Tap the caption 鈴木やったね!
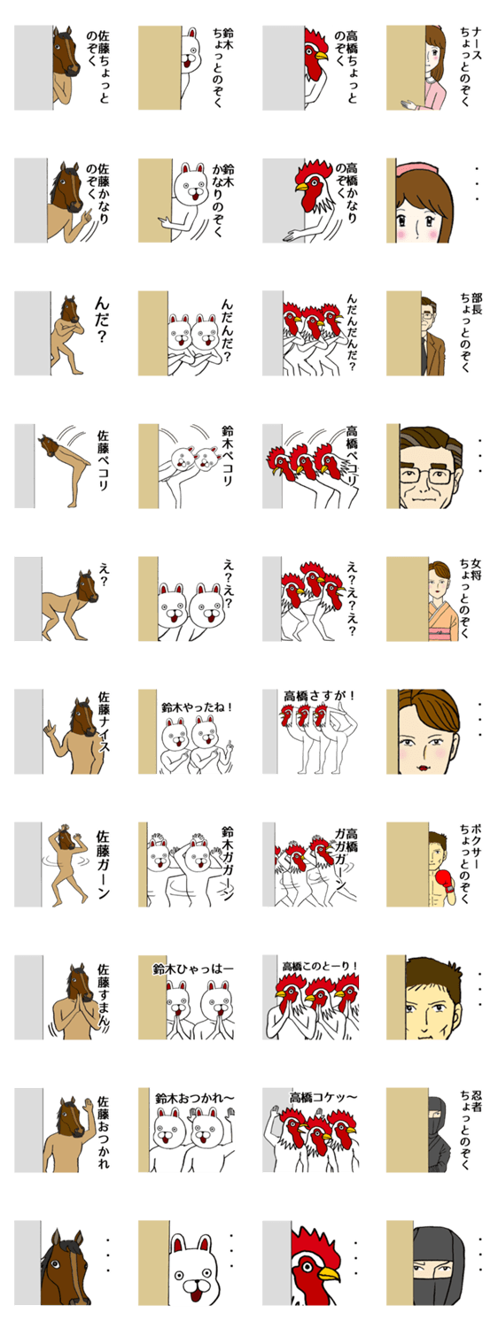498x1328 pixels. [x=197, y=707]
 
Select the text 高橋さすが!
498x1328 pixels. [x=319, y=696]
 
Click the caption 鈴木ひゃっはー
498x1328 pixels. [x=193, y=969]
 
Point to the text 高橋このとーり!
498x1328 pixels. [x=321, y=967]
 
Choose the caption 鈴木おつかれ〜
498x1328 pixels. [x=195, y=1098]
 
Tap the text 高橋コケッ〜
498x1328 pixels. [x=323, y=1098]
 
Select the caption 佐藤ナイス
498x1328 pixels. [x=104, y=722]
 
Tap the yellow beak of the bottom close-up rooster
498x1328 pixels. [x=329, y=1270]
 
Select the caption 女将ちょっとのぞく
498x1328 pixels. [x=471, y=598]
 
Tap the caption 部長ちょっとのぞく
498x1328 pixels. [x=471, y=332]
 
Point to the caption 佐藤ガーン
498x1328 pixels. [x=104, y=864]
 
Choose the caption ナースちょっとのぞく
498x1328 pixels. [x=471, y=66]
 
